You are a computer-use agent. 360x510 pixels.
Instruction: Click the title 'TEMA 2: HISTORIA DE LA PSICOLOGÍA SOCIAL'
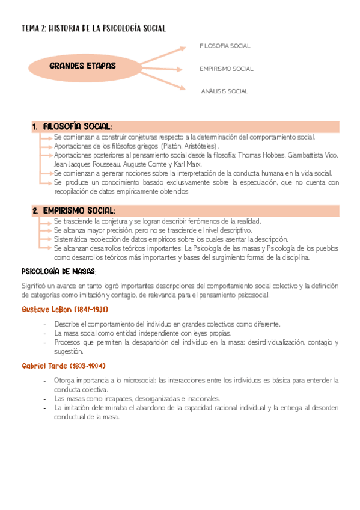tap(93, 28)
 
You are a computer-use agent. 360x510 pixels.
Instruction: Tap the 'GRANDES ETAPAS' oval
tap(83, 66)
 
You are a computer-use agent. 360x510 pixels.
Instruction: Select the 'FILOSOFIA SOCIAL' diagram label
tap(225, 46)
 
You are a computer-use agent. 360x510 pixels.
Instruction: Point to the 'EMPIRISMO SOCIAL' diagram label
tap(226, 69)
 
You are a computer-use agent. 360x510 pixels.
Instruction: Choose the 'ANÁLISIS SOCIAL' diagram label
tap(225, 91)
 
